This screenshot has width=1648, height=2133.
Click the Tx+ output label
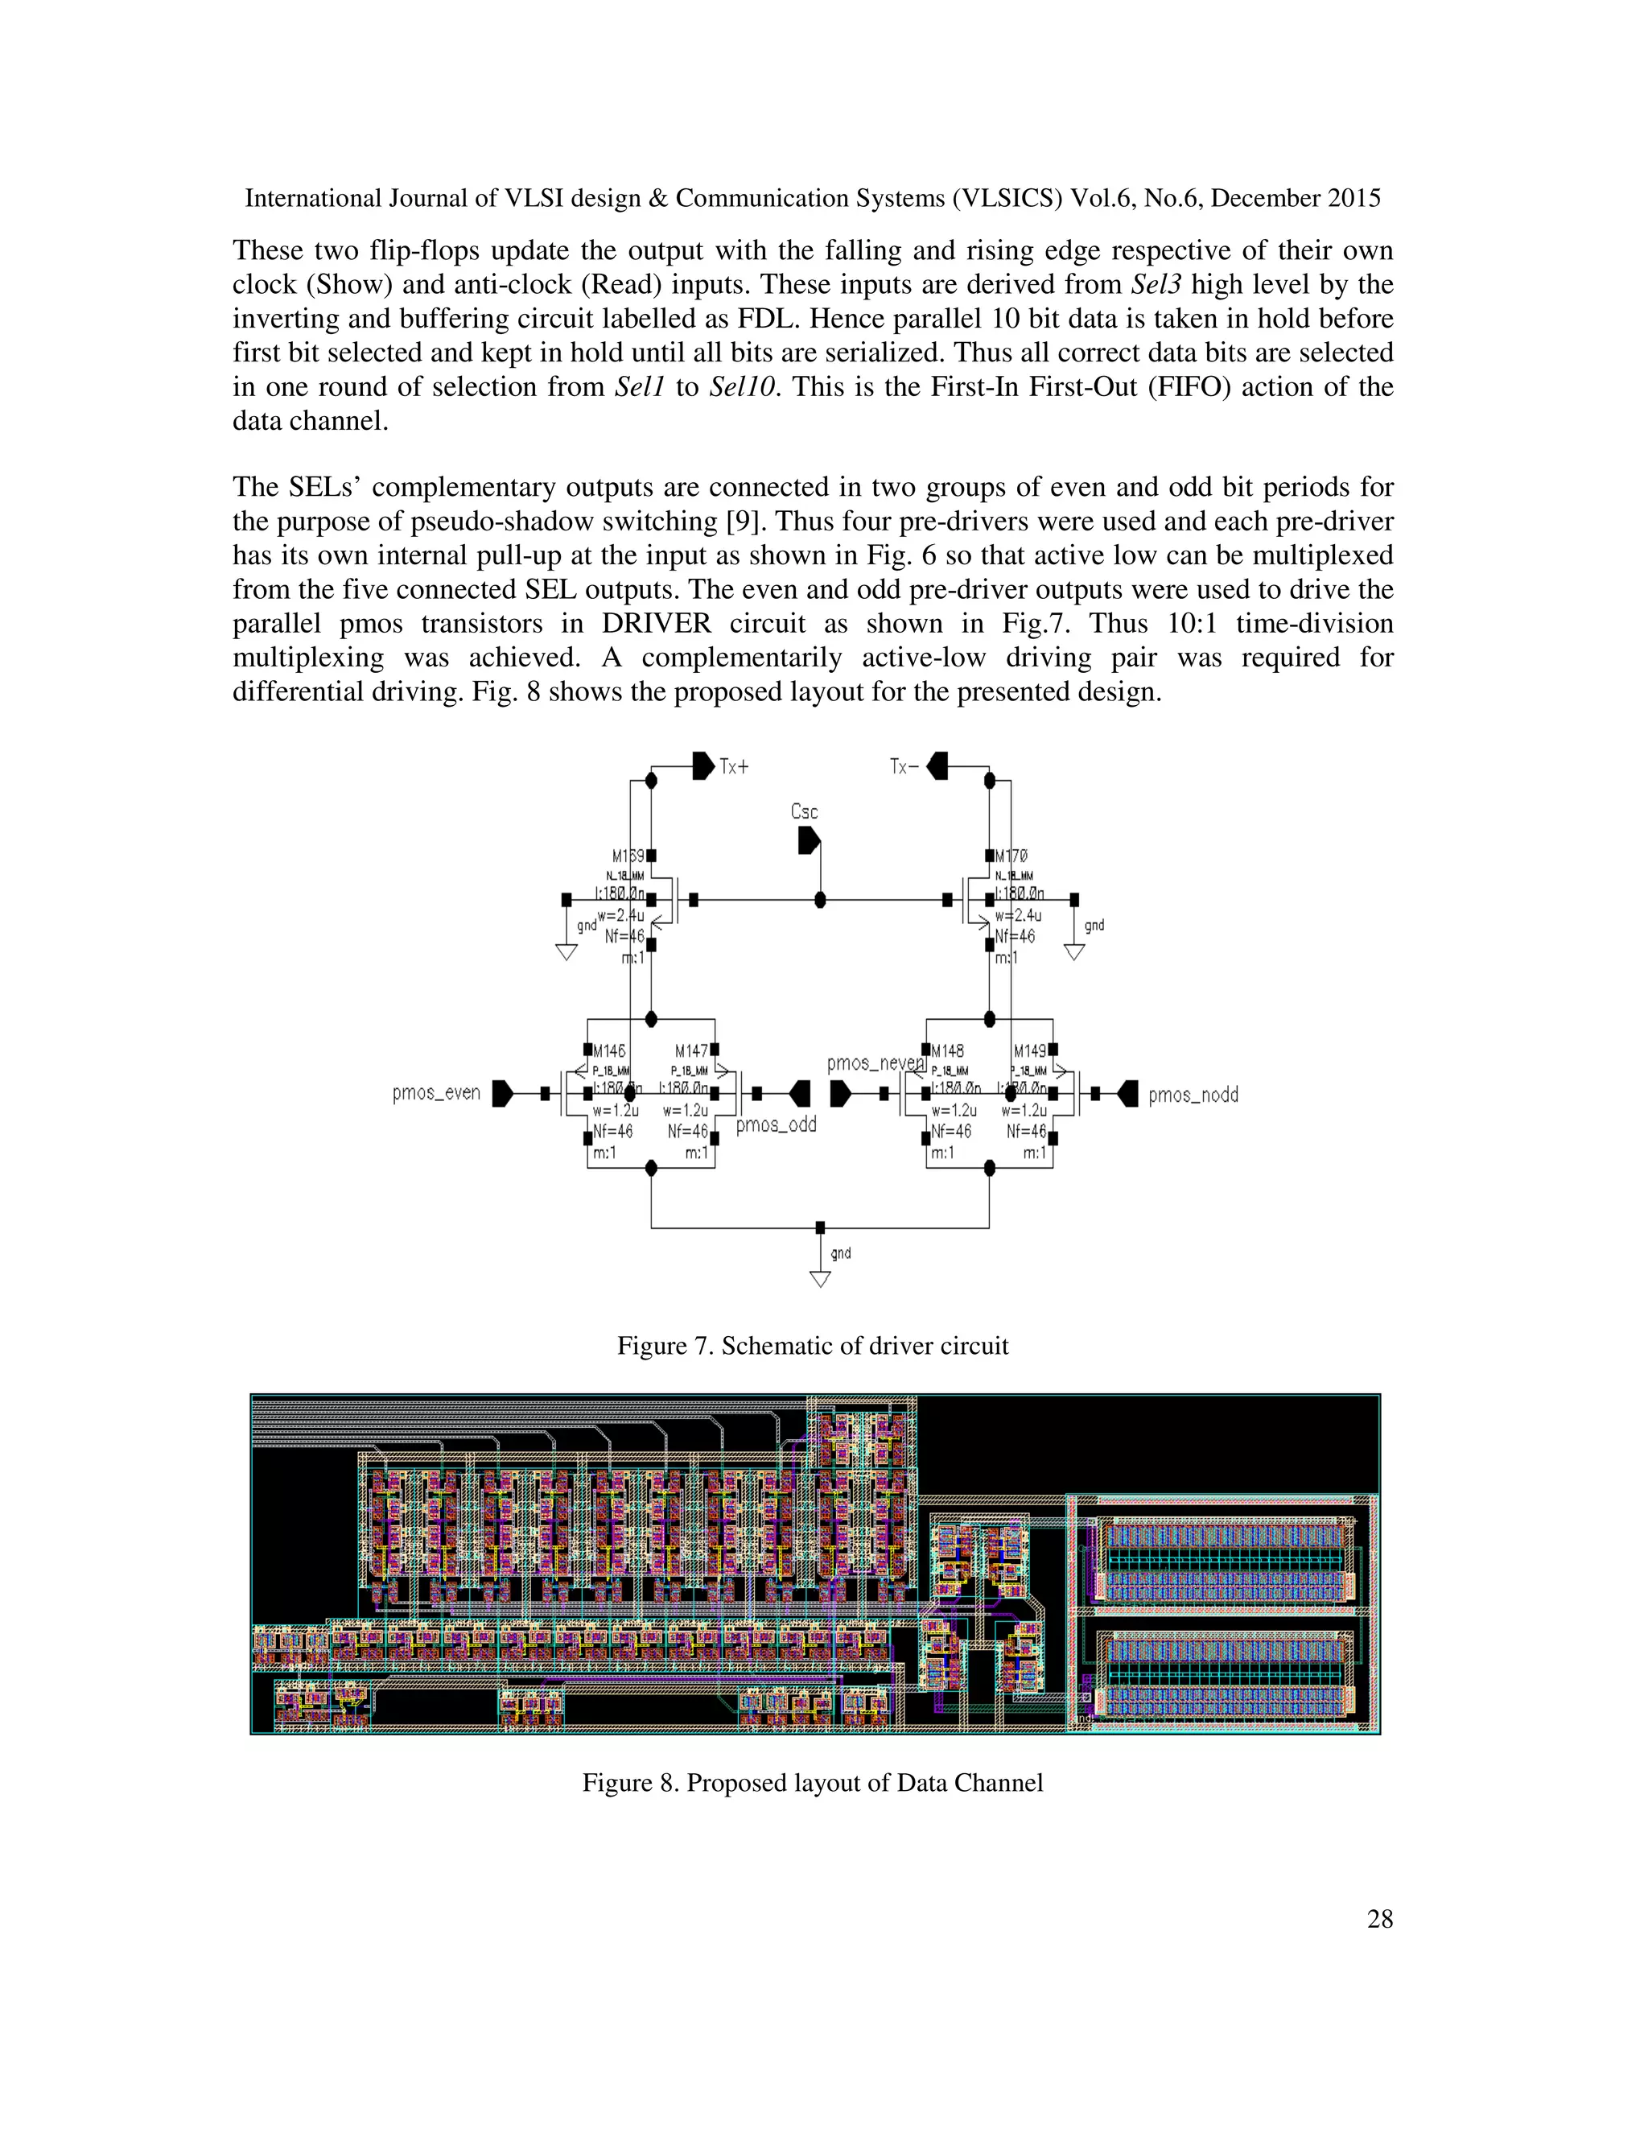tap(734, 766)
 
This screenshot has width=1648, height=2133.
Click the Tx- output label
tap(903, 766)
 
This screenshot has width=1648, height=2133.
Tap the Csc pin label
tap(805, 811)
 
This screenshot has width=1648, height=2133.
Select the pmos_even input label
tap(436, 1093)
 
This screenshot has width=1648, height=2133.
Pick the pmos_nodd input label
tap(1193, 1095)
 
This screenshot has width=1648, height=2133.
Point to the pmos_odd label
tap(777, 1125)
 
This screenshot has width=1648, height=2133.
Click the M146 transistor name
tap(609, 1051)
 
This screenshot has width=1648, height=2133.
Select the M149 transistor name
tap(1030, 1051)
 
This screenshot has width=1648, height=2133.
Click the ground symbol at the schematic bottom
tap(820, 1278)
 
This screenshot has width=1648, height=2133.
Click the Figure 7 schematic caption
tap(812, 1346)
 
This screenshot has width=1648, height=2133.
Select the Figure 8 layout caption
tap(812, 1782)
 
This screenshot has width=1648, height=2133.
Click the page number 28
tap(1379, 1919)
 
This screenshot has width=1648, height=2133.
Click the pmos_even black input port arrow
tap(503, 1094)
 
